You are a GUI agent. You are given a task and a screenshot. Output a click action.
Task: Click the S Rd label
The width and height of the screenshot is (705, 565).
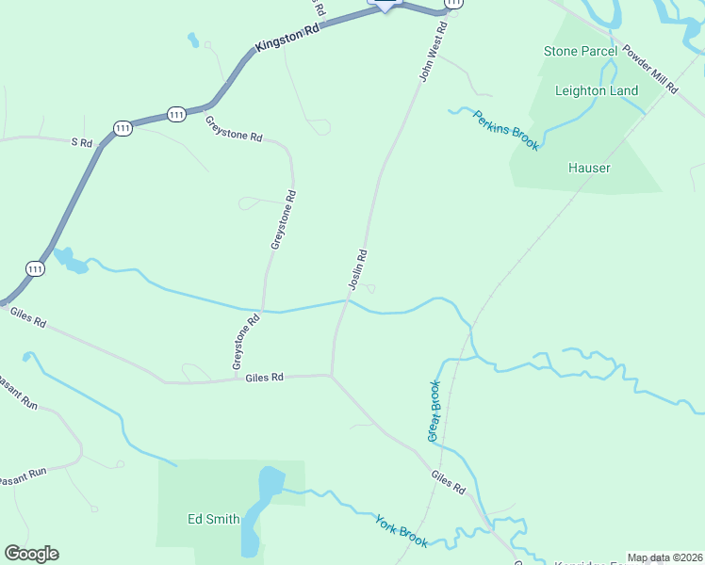click(x=82, y=142)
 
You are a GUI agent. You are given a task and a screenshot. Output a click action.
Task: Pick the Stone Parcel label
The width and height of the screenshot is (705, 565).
click(x=580, y=51)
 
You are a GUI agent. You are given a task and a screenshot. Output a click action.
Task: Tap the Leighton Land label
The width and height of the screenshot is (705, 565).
click(x=597, y=91)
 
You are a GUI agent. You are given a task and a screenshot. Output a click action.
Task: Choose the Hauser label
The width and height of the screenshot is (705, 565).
click(x=589, y=168)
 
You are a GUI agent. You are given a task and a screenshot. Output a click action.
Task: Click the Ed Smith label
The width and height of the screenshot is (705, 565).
click(x=213, y=518)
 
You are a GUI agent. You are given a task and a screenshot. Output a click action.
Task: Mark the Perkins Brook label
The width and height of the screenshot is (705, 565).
click(x=506, y=131)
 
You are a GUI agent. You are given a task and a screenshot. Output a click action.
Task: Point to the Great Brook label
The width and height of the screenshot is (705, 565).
click(x=434, y=411)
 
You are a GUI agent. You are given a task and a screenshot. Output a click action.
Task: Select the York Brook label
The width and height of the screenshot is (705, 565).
click(x=401, y=531)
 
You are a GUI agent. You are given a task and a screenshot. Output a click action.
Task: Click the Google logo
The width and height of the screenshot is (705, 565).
click(x=31, y=554)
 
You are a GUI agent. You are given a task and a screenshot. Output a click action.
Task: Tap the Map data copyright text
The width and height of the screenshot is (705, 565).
click(x=664, y=557)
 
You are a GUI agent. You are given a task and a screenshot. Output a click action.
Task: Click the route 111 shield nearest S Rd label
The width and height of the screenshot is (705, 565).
click(x=122, y=127)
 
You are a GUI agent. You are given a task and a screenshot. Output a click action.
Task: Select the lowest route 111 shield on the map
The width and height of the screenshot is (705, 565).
click(x=35, y=268)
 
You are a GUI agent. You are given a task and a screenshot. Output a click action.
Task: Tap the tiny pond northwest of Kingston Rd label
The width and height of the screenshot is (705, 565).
click(x=193, y=40)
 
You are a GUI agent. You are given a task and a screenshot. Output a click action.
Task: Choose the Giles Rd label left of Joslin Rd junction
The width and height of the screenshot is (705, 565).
click(x=264, y=378)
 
